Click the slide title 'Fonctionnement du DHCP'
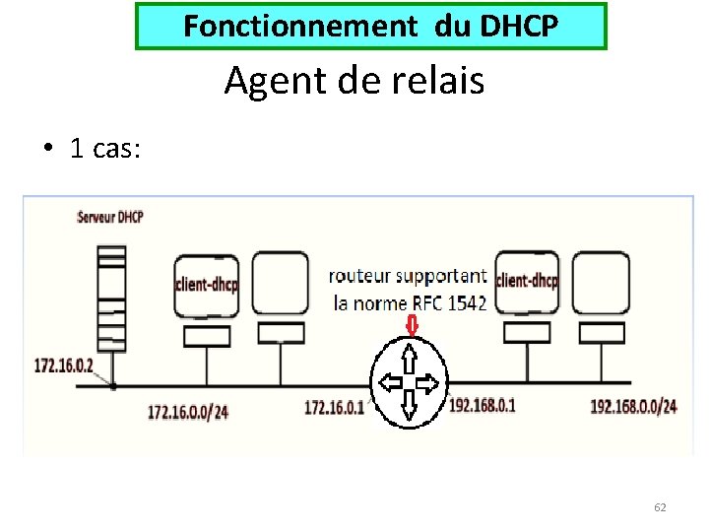tap(370, 27)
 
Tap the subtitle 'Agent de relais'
tap(354, 80)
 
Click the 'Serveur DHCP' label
tap(110, 217)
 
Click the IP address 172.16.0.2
tap(64, 366)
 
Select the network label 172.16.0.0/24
tap(187, 411)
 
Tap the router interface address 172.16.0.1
tap(334, 406)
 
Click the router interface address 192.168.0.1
tap(483, 405)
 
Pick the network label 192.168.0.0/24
tap(633, 406)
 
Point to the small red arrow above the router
tap(411, 324)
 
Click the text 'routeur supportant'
tap(407, 277)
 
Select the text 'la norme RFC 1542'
tap(411, 302)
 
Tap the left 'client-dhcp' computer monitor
tap(206, 286)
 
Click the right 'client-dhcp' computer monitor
tap(527, 282)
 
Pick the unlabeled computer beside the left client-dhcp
tap(280, 284)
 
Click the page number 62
tap(660, 507)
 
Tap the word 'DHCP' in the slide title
tap(519, 27)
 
